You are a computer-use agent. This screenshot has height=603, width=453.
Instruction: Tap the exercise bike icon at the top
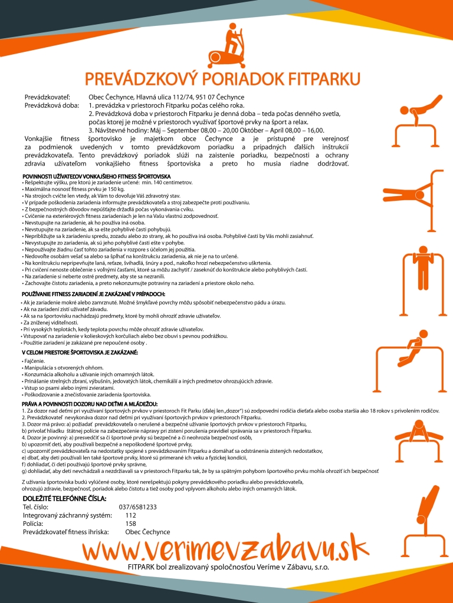[226, 45]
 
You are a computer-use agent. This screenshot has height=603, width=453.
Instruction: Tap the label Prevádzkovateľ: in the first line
[47, 97]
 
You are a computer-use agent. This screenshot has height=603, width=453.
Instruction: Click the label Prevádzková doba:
[50, 105]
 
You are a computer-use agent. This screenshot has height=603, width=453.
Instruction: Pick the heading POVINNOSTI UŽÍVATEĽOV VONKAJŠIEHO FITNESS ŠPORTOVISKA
[97, 176]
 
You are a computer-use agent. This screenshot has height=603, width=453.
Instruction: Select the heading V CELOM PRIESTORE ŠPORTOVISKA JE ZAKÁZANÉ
[80, 352]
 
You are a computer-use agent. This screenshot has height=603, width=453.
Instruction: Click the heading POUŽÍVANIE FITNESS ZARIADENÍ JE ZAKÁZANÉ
[93, 294]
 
